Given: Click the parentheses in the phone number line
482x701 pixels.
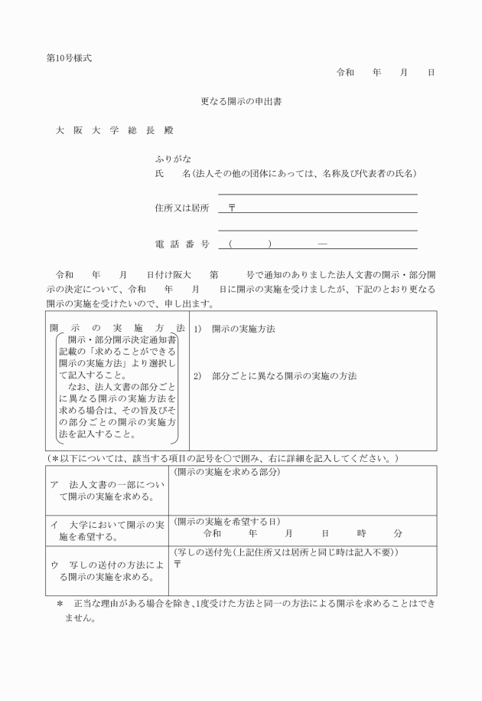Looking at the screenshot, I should pos(250,244).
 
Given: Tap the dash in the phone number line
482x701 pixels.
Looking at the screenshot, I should pos(322,244).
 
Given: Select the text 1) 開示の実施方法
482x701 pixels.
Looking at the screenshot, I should pos(234,329).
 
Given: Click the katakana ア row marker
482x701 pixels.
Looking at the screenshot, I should pos(54,485).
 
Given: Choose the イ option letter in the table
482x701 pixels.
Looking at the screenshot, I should pos(54,525).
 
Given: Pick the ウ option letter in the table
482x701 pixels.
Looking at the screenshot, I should pos(54,565).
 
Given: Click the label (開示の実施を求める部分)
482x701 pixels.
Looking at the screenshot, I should pos(227,472).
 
